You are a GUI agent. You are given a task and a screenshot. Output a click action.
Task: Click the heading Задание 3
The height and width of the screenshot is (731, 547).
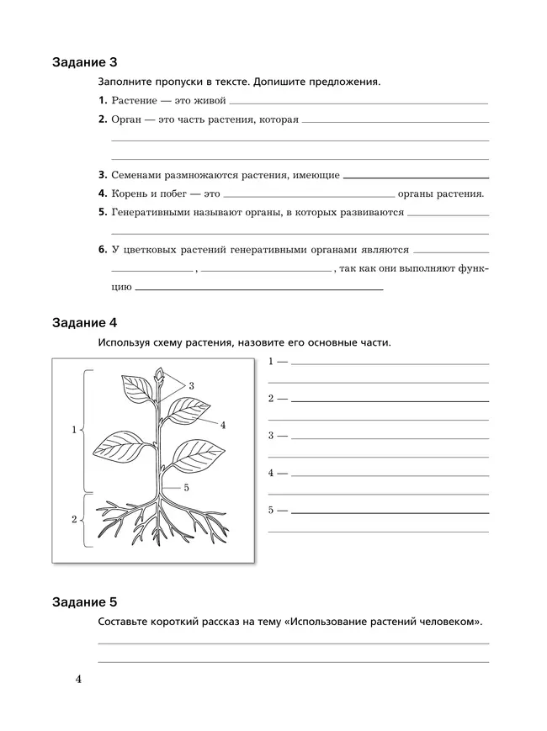click(x=85, y=63)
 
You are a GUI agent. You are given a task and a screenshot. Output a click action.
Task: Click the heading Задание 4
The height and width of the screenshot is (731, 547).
click(x=85, y=323)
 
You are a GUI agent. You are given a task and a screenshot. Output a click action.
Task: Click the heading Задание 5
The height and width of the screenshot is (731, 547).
click(x=85, y=602)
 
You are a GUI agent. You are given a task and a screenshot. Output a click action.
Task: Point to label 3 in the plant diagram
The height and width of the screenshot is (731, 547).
click(x=192, y=385)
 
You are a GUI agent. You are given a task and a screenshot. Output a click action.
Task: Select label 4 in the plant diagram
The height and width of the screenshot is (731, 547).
click(x=223, y=425)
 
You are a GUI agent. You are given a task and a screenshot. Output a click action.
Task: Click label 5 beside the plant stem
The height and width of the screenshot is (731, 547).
click(x=187, y=487)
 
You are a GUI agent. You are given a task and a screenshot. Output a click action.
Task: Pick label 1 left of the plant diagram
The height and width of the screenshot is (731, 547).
click(x=74, y=430)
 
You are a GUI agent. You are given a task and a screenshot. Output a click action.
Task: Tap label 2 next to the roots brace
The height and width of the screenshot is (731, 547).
click(x=74, y=520)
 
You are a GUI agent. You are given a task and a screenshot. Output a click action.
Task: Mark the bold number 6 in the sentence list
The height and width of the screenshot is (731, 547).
click(x=102, y=250)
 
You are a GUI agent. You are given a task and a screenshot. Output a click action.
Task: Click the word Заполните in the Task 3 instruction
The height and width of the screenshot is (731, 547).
click(x=125, y=82)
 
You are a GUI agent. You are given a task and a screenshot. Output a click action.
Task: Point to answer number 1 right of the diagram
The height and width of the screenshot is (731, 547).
click(x=272, y=362)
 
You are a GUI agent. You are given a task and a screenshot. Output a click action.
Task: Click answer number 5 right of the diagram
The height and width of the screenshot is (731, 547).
click(x=272, y=511)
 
